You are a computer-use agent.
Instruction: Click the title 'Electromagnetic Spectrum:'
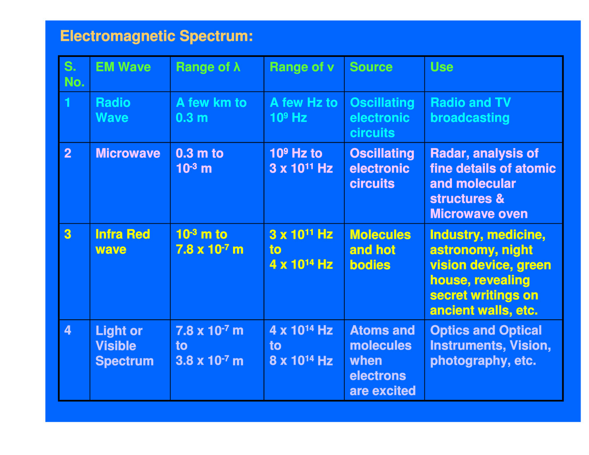tap(157, 36)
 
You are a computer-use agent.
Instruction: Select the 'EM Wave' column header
tap(123, 67)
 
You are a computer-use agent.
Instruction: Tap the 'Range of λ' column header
tap(208, 67)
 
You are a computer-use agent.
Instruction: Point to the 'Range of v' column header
tap(302, 67)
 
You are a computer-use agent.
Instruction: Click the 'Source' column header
tap(371, 67)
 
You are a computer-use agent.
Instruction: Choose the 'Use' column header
tap(442, 67)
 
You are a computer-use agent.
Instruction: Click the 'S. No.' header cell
tap(74, 74)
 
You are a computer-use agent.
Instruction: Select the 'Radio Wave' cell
tap(113, 110)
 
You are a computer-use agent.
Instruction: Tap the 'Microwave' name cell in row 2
tap(128, 153)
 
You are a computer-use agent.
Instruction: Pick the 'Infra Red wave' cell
tap(122, 242)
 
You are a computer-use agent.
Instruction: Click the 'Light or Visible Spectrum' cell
tap(125, 346)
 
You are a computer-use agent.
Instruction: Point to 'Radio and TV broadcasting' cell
tap(470, 110)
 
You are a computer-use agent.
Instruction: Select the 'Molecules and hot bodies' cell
tap(380, 250)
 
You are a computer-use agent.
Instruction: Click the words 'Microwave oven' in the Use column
tap(479, 214)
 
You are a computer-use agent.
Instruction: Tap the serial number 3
tap(68, 234)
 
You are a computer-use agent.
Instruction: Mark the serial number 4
tap(68, 330)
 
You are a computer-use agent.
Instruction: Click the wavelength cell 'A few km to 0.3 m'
tap(211, 110)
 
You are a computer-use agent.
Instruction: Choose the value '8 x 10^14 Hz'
tap(301, 360)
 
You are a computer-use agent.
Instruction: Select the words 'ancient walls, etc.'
tap(484, 310)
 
